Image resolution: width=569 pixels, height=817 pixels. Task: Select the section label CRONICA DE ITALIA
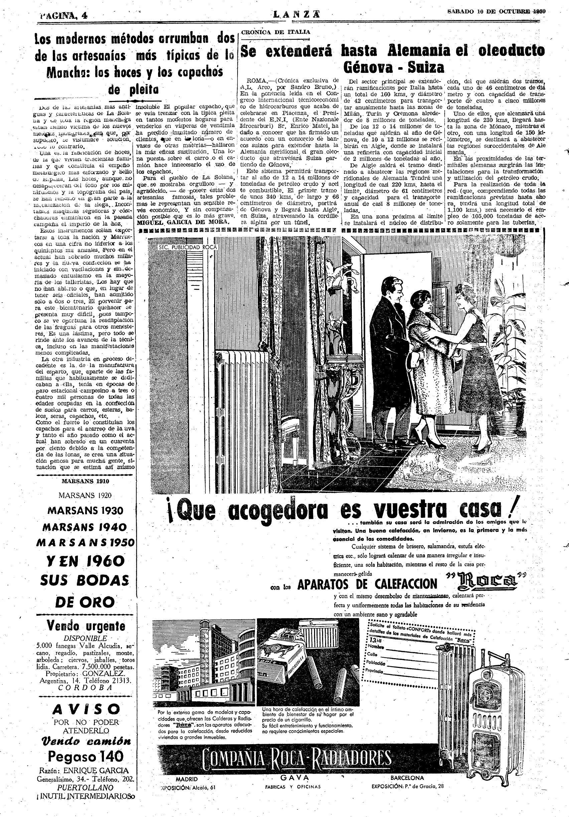[276, 32]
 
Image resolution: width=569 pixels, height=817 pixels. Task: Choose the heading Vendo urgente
[86, 625]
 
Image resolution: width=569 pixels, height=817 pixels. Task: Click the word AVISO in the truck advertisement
[86, 700]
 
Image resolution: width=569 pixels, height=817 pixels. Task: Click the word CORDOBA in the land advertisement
[85, 688]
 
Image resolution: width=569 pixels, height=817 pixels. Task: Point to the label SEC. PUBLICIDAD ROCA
[187, 247]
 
